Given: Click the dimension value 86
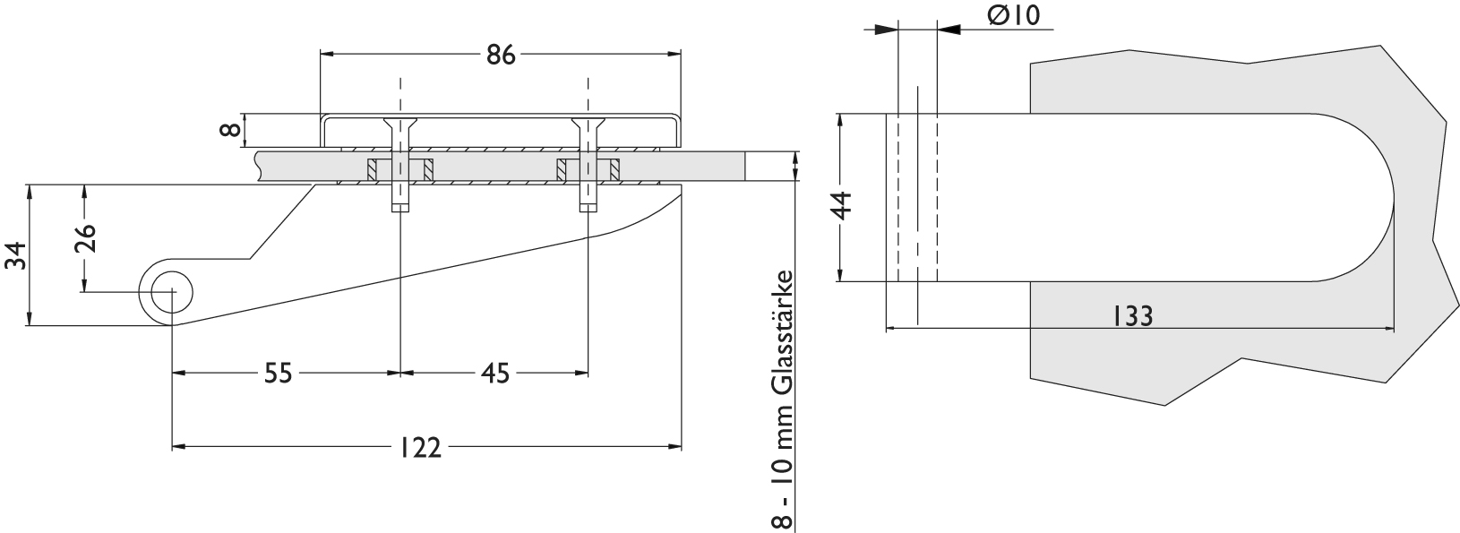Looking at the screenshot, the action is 501,55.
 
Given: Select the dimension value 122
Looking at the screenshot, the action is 419,448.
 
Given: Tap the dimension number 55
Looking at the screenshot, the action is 279,374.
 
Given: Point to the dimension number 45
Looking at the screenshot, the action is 494,374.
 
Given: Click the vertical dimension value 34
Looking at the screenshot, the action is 15,254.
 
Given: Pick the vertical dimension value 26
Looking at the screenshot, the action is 85,237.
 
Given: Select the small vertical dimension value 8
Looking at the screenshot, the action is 229,130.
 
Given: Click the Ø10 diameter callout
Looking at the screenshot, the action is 1014,15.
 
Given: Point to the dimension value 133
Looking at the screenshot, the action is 1131,316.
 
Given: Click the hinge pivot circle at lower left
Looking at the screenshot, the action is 172,292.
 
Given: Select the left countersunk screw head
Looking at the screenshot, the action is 400,124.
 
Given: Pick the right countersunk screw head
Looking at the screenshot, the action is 588,124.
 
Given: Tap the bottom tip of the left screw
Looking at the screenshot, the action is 400,211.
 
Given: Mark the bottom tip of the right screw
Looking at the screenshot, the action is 588,211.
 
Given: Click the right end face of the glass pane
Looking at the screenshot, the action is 745,166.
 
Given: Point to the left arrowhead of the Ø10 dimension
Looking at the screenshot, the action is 886,30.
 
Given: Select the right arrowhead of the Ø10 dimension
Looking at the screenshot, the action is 949,30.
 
